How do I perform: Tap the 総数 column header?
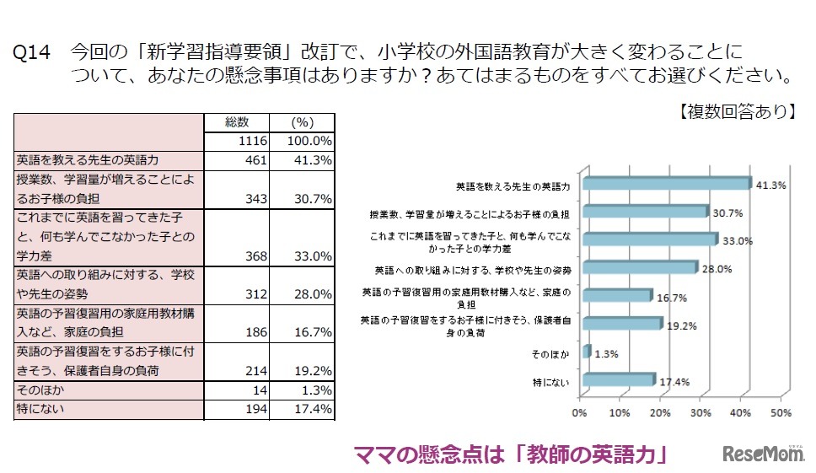pos(238,122)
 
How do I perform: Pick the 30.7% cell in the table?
pos(312,198)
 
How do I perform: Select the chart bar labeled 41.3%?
pos(666,184)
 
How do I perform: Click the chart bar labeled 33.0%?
pos(649,239)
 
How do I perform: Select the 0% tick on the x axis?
pos(579,414)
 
